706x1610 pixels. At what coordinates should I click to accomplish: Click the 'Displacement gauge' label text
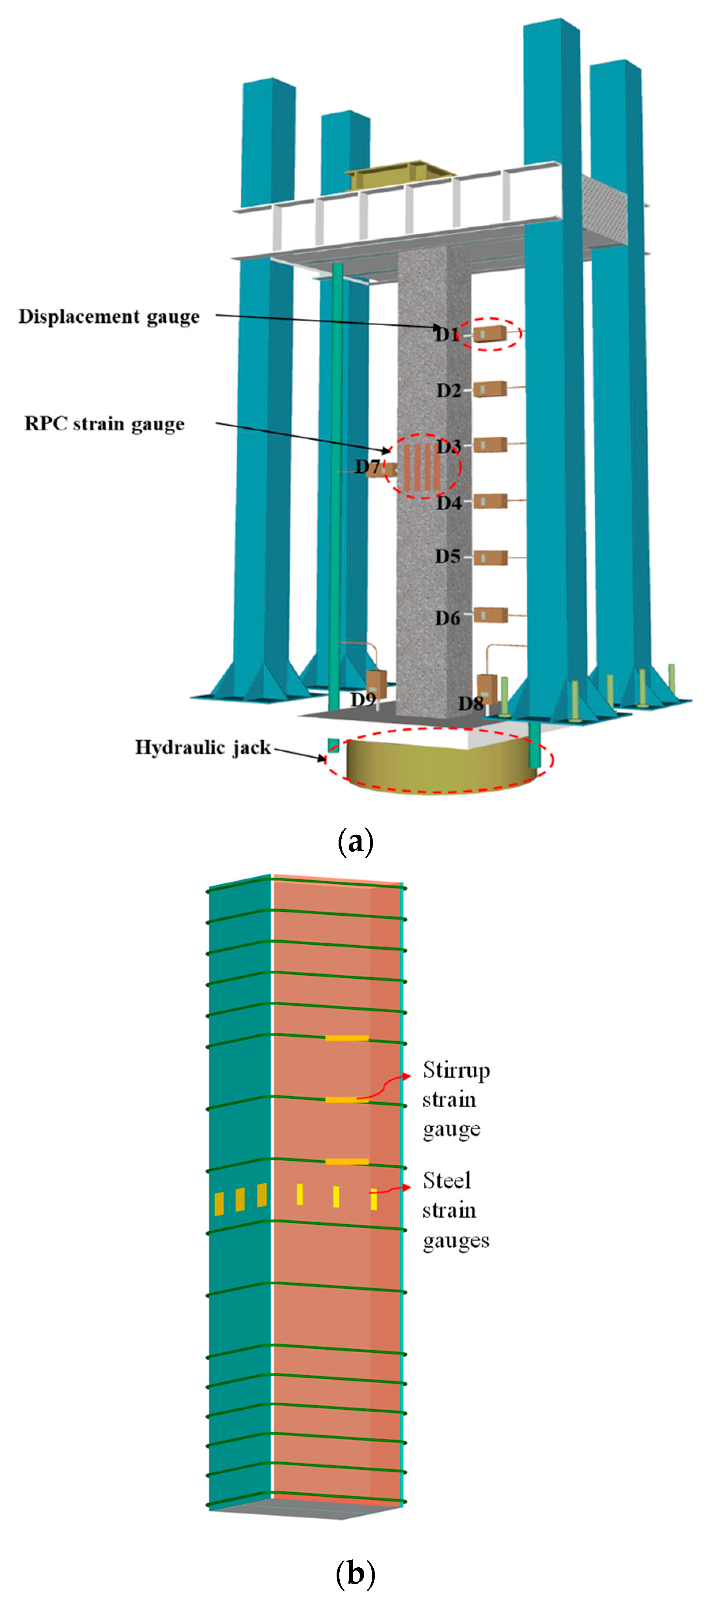click(x=109, y=317)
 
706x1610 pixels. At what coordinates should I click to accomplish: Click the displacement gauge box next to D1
click(x=489, y=334)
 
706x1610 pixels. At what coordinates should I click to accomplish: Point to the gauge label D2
click(x=448, y=390)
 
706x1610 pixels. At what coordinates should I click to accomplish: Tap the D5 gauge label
click(x=447, y=556)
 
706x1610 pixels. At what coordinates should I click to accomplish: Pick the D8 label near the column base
click(x=470, y=704)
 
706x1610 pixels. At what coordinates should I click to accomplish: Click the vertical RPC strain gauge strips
click(x=421, y=467)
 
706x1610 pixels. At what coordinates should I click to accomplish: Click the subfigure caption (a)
click(x=355, y=841)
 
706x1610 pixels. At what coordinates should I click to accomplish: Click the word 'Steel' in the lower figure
click(x=446, y=1180)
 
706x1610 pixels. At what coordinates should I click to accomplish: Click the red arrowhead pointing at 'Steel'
click(x=407, y=1187)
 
